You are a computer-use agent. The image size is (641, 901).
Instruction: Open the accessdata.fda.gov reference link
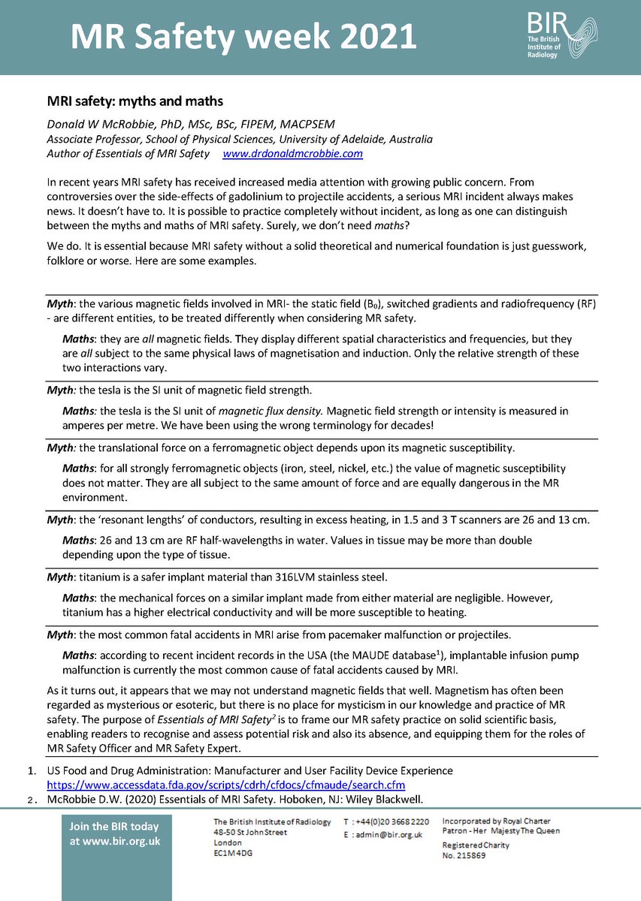pyautogui.click(x=226, y=785)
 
